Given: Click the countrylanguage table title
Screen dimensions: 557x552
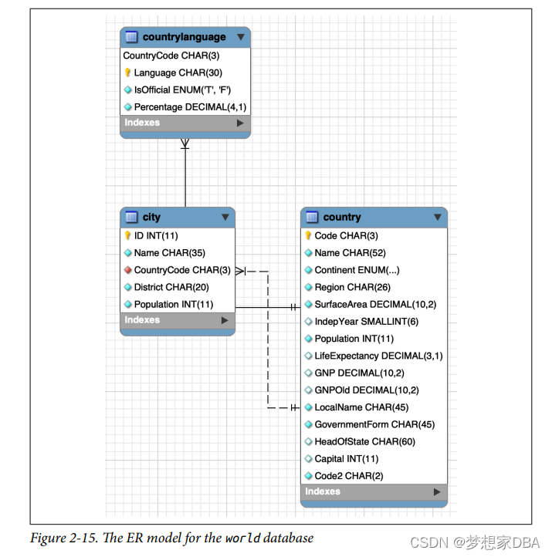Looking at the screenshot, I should pyautogui.click(x=184, y=37).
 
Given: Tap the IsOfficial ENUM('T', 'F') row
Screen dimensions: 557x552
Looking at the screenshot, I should pyautogui.click(x=182, y=89).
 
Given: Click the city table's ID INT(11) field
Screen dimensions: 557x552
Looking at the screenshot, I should pyautogui.click(x=156, y=235).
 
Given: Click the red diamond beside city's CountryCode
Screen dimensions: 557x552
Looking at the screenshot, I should pyautogui.click(x=128, y=270).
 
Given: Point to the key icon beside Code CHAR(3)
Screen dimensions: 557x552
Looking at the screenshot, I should pyautogui.click(x=309, y=235).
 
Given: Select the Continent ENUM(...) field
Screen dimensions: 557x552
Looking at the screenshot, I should pyautogui.click(x=357, y=270).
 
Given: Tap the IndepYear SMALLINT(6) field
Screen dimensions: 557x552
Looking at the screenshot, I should pyautogui.click(x=366, y=322).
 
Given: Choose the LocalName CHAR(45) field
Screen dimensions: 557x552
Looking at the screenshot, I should pyautogui.click(x=361, y=407).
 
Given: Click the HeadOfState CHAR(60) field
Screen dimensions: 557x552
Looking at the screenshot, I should pyautogui.click(x=364, y=441).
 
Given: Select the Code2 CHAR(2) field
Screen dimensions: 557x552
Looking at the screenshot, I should pyautogui.click(x=348, y=476).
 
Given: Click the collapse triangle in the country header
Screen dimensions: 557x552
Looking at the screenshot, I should pyautogui.click(x=437, y=218).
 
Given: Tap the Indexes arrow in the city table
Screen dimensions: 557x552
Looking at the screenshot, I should pyautogui.click(x=225, y=320).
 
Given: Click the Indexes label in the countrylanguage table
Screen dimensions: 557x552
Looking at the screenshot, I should pyautogui.click(x=142, y=123).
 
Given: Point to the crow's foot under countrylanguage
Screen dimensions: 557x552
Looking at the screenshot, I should pyautogui.click(x=185, y=143).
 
